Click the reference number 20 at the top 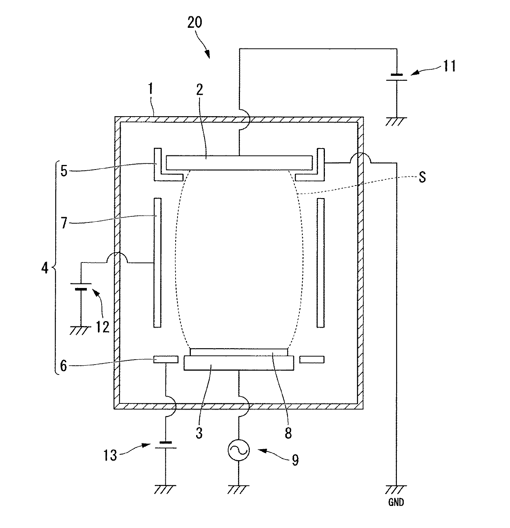pos(195,23)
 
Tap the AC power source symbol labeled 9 pos(238,450)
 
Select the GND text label pos(396,502)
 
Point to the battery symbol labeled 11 pos(396,77)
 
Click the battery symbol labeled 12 pos(81,286)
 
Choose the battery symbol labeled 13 pos(165,445)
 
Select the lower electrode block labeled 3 pos(239,363)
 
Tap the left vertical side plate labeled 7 pos(157,262)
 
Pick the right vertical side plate pos(321,262)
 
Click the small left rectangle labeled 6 pos(166,359)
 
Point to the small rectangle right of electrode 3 pos(312,359)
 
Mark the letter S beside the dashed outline pos(422,178)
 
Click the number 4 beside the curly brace pos(45,268)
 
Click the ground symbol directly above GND pos(396,489)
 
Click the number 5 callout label pos(64,170)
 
